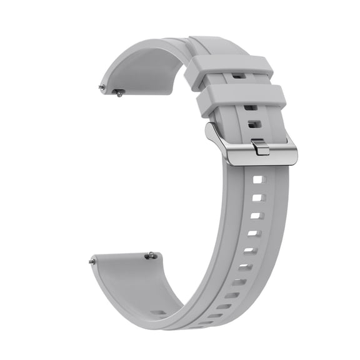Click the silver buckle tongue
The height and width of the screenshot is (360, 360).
click(261, 147)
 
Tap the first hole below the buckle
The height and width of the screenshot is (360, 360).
click(259, 180)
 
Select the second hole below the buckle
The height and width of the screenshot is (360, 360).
click(257, 198)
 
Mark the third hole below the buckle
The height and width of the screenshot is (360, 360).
click(256, 216)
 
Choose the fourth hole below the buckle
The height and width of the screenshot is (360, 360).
click(252, 234)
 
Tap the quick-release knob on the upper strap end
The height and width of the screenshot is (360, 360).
click(118, 92)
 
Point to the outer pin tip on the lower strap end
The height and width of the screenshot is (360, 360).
click(92, 261)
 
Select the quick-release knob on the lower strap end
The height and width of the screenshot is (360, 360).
click(150, 255)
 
